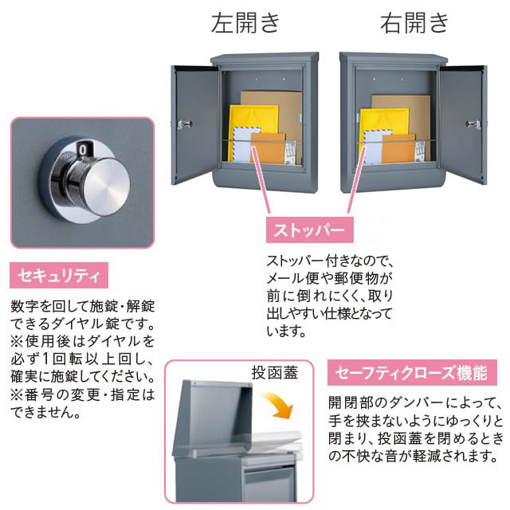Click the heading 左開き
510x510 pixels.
tap(245, 23)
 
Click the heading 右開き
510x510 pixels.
tap(414, 23)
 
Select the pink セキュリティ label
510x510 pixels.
tap(57, 277)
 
